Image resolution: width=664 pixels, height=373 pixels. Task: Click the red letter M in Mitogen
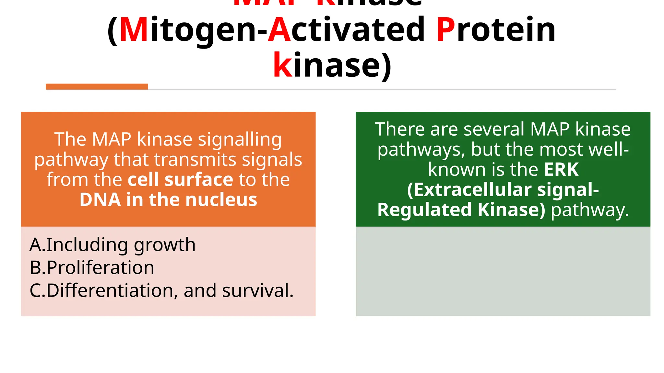click(x=134, y=30)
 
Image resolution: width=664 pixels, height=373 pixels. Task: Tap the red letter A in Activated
click(x=279, y=30)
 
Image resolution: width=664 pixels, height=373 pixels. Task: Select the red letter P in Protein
click(x=446, y=30)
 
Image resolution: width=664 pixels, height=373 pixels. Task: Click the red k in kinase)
click(x=283, y=65)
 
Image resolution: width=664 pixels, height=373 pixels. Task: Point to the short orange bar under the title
click(x=97, y=86)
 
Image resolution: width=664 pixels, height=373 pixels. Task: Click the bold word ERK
click(x=561, y=169)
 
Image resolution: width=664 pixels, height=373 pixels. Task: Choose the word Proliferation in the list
click(x=100, y=268)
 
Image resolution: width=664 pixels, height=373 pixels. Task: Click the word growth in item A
click(x=165, y=245)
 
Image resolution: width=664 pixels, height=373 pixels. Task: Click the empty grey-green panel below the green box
click(x=503, y=271)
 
